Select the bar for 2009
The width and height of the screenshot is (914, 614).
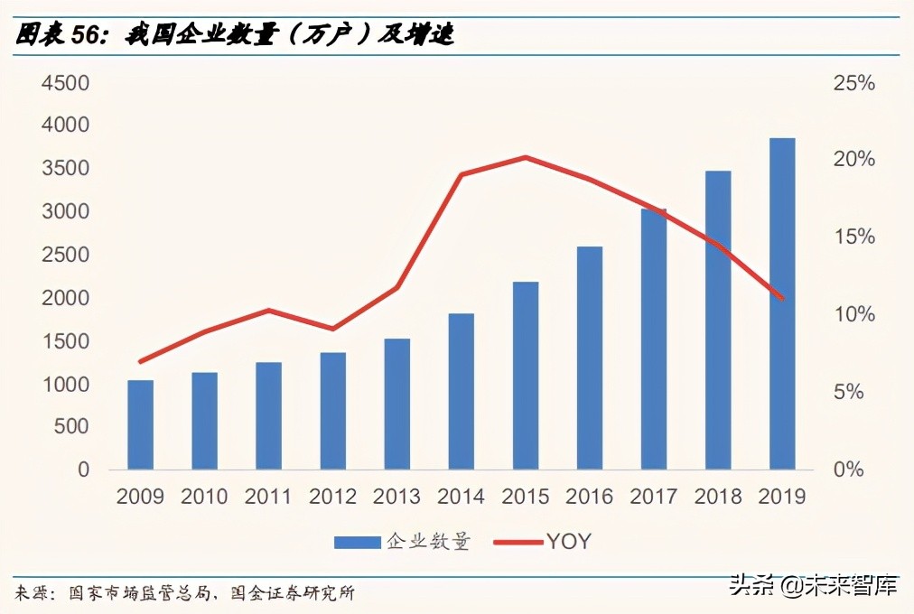(140, 424)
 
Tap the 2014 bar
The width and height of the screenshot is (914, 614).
(462, 391)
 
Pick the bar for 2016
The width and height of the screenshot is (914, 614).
(590, 358)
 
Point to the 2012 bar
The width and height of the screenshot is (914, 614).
(333, 411)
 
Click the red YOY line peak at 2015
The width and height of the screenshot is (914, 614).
(526, 157)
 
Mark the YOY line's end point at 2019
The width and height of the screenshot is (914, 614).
(782, 298)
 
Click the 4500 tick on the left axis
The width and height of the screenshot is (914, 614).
(65, 83)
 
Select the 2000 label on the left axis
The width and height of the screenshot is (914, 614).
(65, 298)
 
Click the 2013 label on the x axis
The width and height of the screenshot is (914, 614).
(396, 497)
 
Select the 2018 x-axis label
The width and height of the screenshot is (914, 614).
(718, 497)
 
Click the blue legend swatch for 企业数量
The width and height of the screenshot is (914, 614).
(357, 542)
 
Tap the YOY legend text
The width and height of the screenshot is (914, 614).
(568, 542)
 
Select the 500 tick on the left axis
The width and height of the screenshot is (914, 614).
(72, 427)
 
